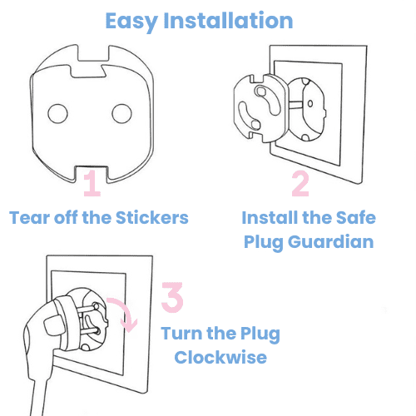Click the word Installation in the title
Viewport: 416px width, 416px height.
tap(235, 20)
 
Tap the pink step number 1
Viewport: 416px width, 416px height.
tap(92, 183)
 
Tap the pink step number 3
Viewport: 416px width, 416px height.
tap(172, 298)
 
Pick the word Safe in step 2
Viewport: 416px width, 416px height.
tap(357, 218)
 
